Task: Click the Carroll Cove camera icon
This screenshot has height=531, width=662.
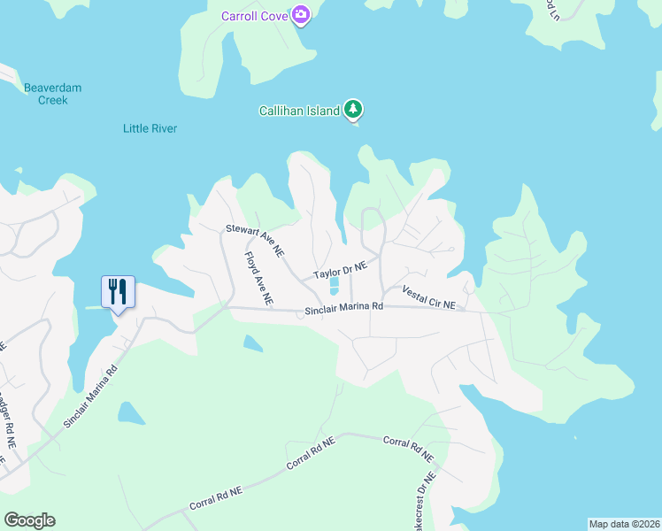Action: coord(301,14)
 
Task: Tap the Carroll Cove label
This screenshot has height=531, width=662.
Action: coord(256,14)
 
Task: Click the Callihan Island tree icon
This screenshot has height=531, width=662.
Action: coord(354,110)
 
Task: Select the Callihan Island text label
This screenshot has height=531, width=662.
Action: coord(299,111)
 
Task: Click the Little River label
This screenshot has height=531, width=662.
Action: coord(150,128)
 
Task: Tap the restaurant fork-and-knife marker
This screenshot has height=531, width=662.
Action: coord(118,291)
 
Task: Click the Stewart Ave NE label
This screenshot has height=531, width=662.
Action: coord(255,241)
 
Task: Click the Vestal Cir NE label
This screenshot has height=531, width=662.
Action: coord(428,297)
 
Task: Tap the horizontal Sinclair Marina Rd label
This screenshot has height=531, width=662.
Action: coord(343,309)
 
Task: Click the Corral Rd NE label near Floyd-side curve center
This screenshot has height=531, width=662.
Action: coord(312,453)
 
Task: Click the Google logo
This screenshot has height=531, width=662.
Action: coord(29,520)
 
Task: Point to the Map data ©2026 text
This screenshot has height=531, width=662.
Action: coord(624,523)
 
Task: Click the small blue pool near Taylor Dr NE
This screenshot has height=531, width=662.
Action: coord(335,286)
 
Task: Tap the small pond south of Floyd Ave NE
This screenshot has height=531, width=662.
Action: coord(252,342)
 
